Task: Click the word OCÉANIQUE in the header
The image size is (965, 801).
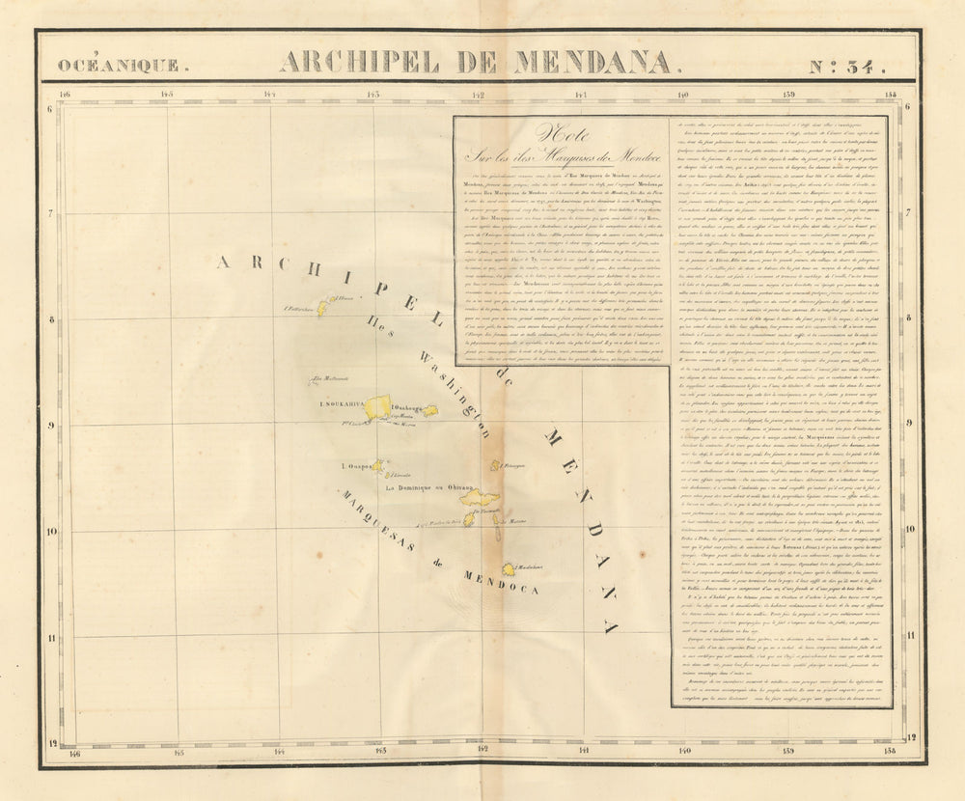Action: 117,65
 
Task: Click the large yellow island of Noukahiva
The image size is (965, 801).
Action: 377,406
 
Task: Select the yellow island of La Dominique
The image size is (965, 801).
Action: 479,498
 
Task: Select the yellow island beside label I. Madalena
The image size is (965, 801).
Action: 508,569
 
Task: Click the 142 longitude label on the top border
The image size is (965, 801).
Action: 478,95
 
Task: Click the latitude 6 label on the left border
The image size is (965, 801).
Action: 50,107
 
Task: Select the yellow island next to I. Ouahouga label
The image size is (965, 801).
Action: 430,411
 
